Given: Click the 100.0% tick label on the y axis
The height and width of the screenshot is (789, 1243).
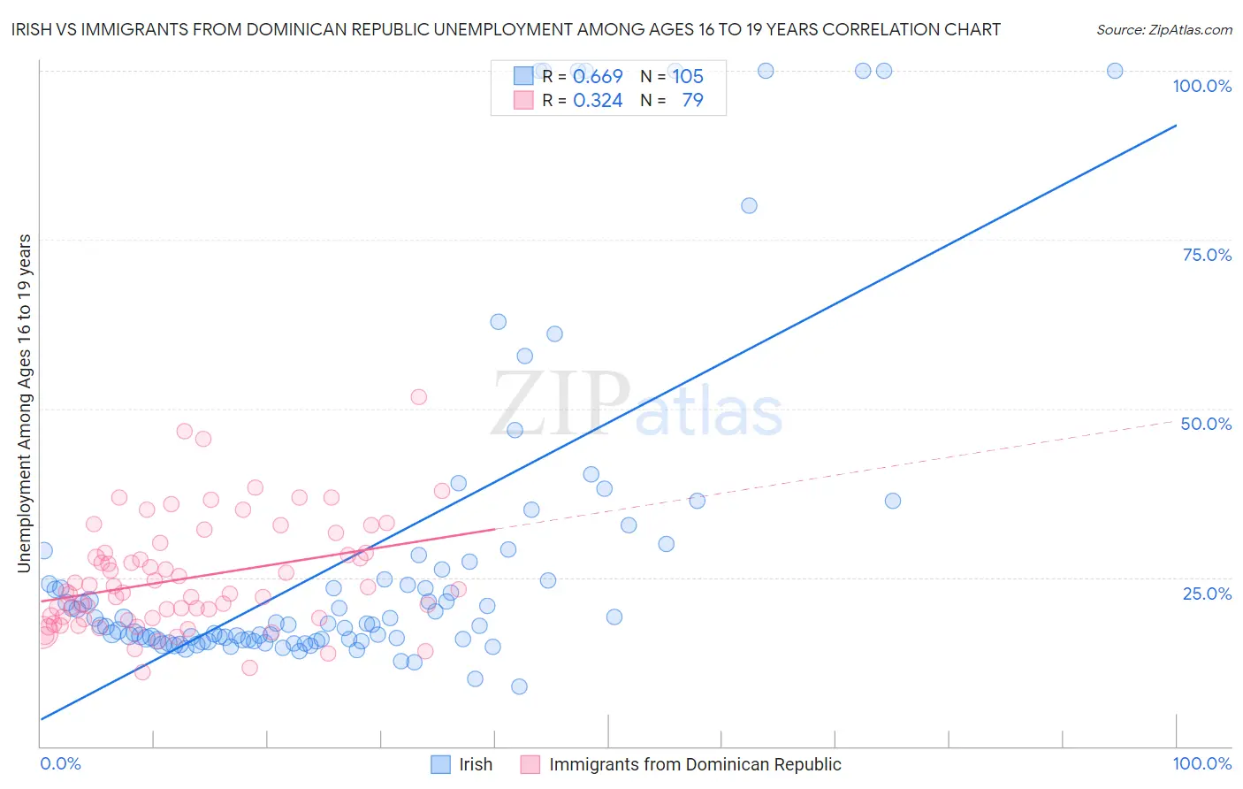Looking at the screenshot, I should coord(1201,86).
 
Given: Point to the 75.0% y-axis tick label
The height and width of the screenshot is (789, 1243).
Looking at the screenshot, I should coord(1207,255).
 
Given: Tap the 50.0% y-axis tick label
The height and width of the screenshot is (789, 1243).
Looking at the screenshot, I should coord(1206,424).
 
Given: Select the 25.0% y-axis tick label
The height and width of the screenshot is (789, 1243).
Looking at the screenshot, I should coord(1207,594).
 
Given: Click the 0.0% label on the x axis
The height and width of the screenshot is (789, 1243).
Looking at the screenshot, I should coord(60,763).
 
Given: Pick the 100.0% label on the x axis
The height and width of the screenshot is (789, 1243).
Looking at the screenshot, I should coord(1201,763).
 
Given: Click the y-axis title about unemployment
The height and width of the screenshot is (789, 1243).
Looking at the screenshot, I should coord(24,403).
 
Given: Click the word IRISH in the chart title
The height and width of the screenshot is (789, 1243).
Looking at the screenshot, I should coord(33,29).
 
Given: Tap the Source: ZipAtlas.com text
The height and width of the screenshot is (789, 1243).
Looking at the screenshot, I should coord(1163,29).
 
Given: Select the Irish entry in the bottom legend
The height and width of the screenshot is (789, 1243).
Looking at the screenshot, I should coord(475,764).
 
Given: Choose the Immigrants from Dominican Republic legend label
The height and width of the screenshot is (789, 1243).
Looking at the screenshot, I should coord(694,764).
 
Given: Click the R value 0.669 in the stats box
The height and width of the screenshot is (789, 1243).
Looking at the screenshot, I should coord(598,77).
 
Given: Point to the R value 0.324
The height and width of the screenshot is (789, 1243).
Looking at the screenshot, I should coord(598,101).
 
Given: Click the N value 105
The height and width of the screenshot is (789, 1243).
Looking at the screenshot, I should coord(688,77).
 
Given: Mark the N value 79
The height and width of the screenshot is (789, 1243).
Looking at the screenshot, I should coord(692,101).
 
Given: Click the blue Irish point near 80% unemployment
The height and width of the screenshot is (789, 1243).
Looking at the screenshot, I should coord(749,205).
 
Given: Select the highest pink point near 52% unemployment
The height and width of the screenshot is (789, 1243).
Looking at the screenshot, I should coord(419,397).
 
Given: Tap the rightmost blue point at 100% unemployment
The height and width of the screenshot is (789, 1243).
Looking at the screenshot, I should coord(1115,71).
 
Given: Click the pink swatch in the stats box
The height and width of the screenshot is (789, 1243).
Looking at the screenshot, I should coord(523,100).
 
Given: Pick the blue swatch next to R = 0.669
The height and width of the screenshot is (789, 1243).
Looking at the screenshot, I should coord(523,76).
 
